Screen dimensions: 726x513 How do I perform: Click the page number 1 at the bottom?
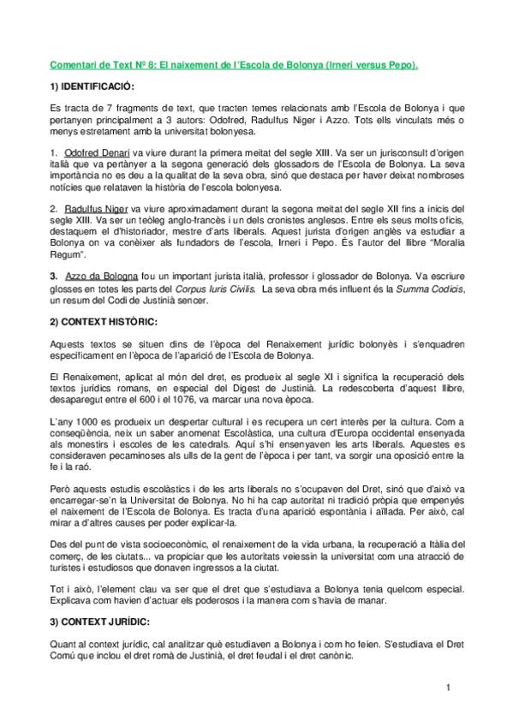pos(447,687)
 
